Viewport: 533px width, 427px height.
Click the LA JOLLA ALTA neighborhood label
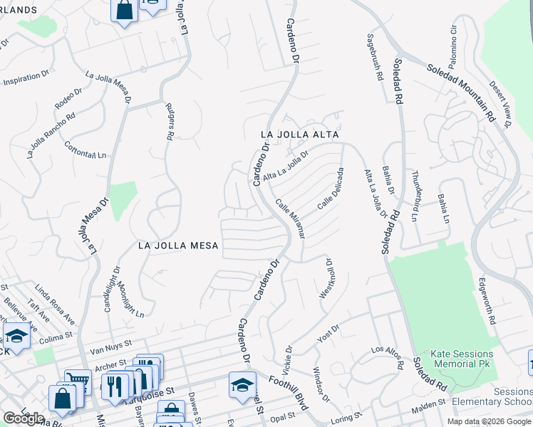coord(299,134)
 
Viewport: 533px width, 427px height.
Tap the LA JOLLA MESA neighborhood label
coord(178,246)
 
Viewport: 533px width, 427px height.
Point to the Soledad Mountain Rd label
coord(460,91)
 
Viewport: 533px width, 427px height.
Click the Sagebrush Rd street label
coord(376,56)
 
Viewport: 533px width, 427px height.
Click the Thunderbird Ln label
coord(415,196)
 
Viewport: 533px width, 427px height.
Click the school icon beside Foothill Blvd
coord(242,384)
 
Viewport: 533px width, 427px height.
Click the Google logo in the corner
coord(24,418)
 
